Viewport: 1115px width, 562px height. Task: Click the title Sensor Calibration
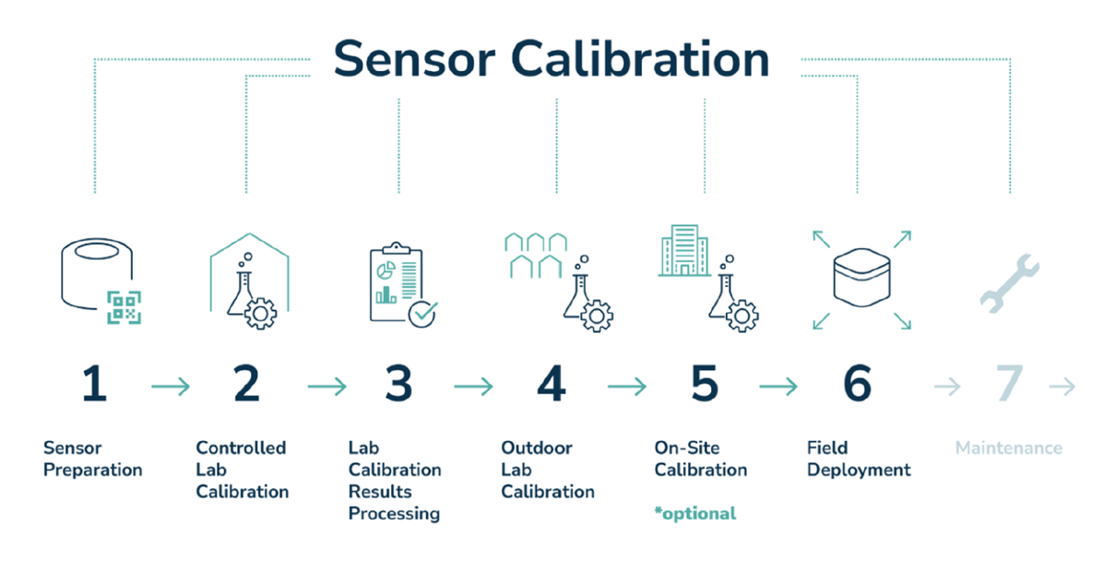click(x=552, y=59)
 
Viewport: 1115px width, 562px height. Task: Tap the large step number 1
click(x=95, y=383)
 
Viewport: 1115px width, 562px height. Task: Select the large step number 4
click(x=552, y=383)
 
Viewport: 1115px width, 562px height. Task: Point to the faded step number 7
click(x=1010, y=383)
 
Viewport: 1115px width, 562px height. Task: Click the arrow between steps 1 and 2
click(x=171, y=386)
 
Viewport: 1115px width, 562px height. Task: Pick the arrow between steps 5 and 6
click(x=778, y=386)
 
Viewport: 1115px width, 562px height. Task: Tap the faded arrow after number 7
click(x=1062, y=386)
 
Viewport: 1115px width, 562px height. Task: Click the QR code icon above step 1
click(x=124, y=308)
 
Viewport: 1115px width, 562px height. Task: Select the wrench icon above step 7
click(x=1010, y=284)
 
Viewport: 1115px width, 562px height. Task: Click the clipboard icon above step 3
click(x=397, y=282)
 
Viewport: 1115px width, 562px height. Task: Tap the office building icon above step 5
click(x=684, y=250)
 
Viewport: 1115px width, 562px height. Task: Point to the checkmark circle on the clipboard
click(x=422, y=314)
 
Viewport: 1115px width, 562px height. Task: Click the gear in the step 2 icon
click(x=260, y=314)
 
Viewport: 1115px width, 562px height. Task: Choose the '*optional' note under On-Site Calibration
click(x=694, y=513)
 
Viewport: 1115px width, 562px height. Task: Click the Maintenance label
click(x=1009, y=448)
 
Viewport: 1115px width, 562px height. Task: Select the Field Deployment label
click(x=859, y=459)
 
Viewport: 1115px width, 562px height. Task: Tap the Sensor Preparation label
click(x=92, y=459)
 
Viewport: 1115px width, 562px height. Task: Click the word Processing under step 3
click(x=394, y=514)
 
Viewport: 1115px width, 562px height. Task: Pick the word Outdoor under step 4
click(x=537, y=448)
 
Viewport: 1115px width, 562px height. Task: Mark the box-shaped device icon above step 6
click(x=861, y=278)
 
